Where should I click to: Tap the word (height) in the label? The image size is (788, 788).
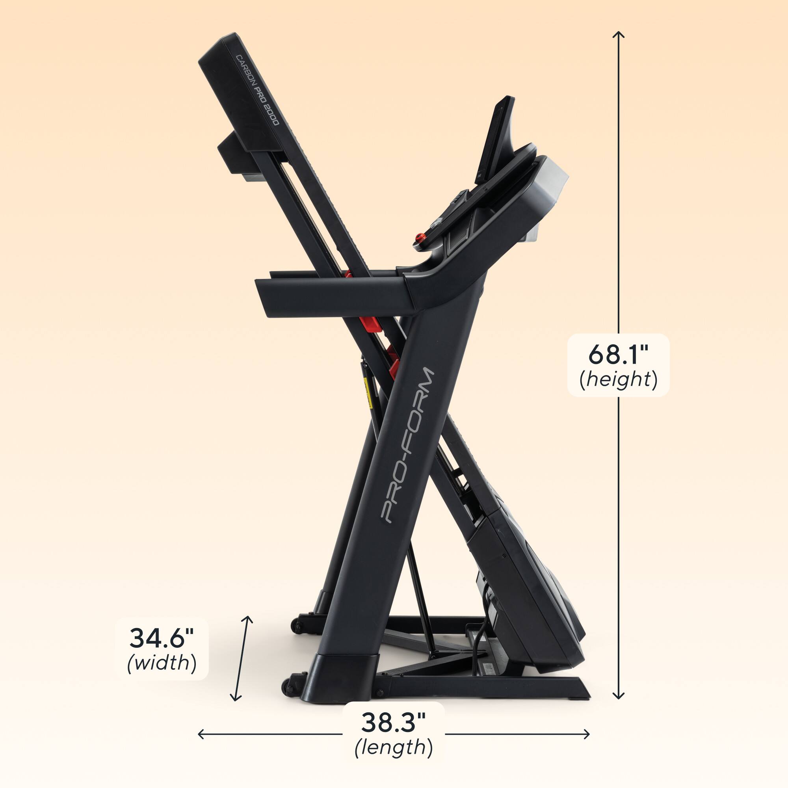(618, 380)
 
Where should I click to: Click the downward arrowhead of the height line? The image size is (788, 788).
(619, 698)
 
